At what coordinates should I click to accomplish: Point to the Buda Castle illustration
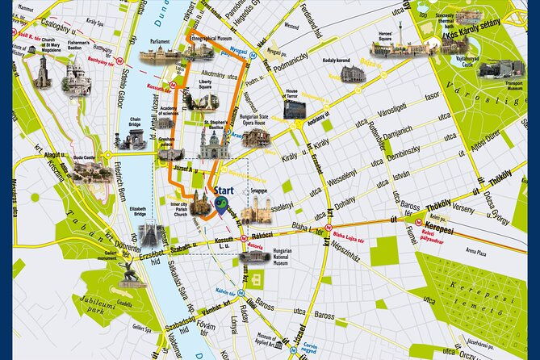click(90, 170)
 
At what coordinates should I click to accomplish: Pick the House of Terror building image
click(294, 109)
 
